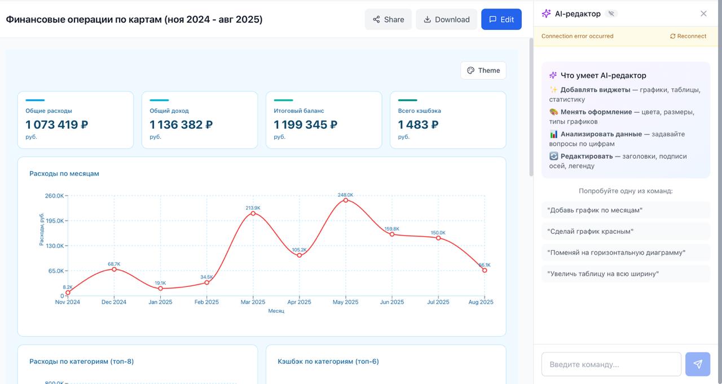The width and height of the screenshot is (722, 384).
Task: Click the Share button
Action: pos(388,19)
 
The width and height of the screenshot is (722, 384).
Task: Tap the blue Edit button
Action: pos(501,19)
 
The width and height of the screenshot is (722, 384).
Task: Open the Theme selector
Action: pos(483,71)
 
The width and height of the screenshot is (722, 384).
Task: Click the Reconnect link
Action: pos(688,36)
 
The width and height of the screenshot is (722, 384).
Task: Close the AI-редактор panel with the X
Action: pos(703,14)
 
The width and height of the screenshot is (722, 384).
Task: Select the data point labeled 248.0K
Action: pos(346,200)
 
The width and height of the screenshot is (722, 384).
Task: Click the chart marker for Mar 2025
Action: pos(253,213)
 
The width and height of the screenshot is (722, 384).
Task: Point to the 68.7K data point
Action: pos(114,269)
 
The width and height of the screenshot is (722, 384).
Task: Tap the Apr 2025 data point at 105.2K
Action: pos(300,255)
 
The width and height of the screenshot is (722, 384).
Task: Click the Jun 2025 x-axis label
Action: pos(392,302)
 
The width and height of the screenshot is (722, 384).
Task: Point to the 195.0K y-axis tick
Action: pos(55,221)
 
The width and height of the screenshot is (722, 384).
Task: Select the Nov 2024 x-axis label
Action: pos(68,302)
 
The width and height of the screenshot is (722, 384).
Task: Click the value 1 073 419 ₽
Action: pos(57,125)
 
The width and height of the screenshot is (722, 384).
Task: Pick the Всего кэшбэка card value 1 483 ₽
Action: pos(418,125)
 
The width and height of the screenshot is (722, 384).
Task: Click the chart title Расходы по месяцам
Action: pos(64,173)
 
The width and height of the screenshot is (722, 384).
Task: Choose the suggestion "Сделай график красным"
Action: pos(591,232)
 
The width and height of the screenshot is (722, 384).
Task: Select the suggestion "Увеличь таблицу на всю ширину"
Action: pos(603,274)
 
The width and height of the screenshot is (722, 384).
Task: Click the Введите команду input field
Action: pos(611,364)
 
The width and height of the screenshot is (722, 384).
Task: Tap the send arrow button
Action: pos(697,364)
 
